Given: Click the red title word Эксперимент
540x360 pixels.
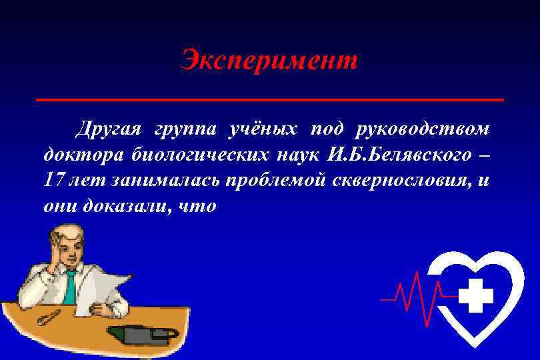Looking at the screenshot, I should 269,62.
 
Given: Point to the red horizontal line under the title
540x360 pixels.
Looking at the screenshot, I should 269,99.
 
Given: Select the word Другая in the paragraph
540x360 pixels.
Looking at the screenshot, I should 109,128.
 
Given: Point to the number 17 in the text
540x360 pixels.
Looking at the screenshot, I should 54,180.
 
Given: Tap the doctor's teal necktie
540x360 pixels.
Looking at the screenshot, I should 71,287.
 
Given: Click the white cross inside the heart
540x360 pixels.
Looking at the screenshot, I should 475,295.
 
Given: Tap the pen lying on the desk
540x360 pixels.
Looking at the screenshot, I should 49,317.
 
